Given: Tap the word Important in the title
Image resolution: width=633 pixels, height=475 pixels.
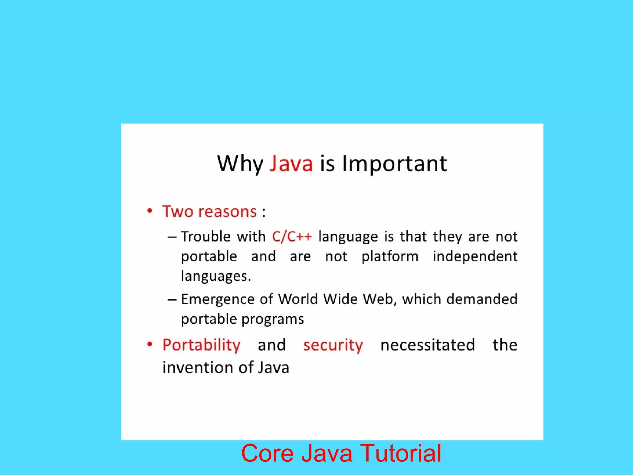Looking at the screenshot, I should coord(394,164).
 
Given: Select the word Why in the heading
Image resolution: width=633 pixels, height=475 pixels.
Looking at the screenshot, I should coord(240,164).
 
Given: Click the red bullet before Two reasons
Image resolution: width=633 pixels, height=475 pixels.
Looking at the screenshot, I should coord(150,211).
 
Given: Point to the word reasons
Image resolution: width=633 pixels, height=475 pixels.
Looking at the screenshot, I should coord(227,212).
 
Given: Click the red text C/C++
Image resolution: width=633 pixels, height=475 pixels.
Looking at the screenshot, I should coord(292,237).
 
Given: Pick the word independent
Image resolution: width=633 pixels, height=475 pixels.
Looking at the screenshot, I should coord(475,256).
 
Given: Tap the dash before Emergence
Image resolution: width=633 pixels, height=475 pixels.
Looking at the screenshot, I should coord(172,300).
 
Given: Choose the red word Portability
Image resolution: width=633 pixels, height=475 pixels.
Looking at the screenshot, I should coord(201,345).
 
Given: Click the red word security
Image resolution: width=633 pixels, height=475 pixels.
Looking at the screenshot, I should coord(333,345).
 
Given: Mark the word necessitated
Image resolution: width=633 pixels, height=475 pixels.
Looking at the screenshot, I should coord(427,345).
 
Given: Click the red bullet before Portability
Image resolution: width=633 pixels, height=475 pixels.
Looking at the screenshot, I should coord(150,344).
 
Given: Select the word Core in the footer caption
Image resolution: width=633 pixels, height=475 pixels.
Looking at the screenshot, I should coord(267,453).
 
